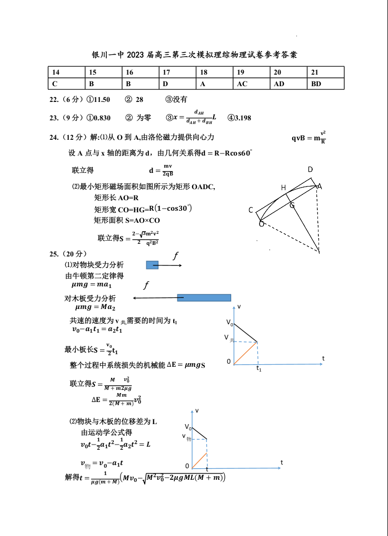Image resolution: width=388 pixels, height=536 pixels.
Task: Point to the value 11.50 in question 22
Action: (x=102, y=99)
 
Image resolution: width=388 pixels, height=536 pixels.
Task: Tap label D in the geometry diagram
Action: (x=311, y=169)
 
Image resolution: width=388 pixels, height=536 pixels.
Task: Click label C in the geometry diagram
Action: (x=251, y=210)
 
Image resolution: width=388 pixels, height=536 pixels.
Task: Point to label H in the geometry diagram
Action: (x=283, y=188)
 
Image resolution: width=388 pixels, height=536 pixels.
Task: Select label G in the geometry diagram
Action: (x=292, y=205)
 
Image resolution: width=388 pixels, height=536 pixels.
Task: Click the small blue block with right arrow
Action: (x=152, y=265)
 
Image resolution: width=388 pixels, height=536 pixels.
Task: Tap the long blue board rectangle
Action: (x=204, y=297)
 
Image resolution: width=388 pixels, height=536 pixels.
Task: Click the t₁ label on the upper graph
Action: (x=258, y=369)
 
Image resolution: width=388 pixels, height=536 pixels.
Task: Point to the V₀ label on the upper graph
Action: (x=229, y=323)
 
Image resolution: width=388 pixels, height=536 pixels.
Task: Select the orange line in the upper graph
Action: (x=245, y=352)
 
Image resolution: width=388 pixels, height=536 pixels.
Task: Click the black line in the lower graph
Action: (x=199, y=433)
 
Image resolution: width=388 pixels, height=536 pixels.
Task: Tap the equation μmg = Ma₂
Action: (x=95, y=307)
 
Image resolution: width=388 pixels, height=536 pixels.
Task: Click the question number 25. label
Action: (x=54, y=254)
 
